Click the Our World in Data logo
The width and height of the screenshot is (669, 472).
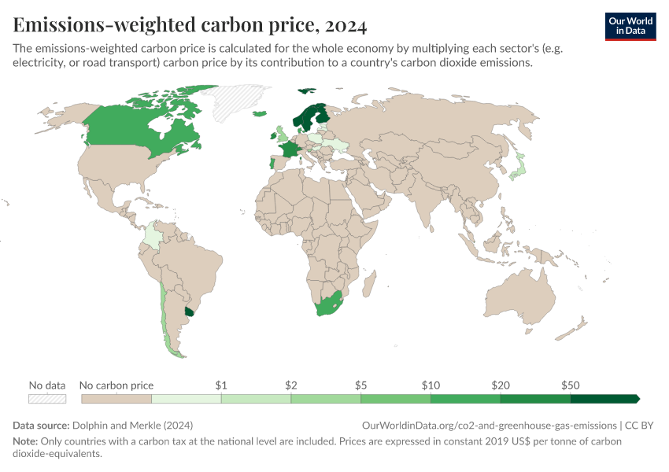630,25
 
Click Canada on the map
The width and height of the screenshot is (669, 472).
134,126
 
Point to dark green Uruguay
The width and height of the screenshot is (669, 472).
188,312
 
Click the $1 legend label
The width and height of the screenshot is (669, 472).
221,385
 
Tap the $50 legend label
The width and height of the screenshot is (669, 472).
571,385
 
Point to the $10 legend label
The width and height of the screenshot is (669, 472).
431,385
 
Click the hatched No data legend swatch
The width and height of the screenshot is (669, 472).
47,399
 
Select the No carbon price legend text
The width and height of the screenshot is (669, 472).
116,385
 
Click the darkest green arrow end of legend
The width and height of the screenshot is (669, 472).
634,399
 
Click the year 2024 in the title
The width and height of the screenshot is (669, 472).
344,25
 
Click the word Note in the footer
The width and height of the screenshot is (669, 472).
24,441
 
